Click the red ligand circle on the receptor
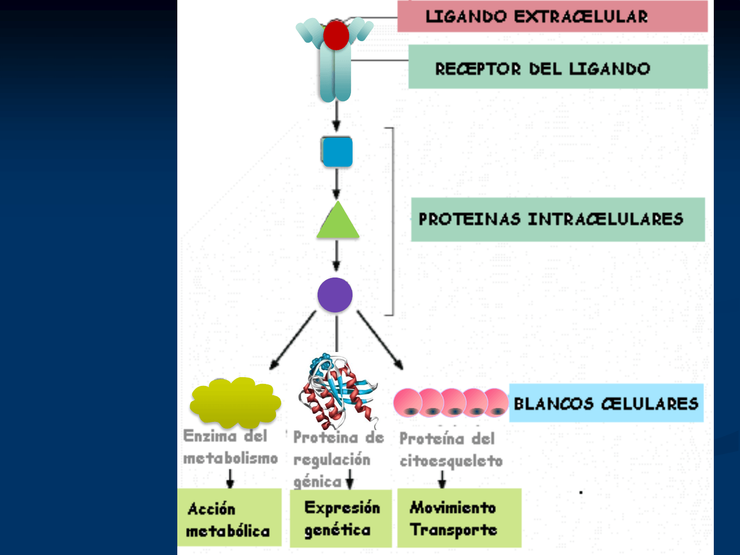(x=336, y=35)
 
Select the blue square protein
(x=337, y=152)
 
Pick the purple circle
(x=335, y=295)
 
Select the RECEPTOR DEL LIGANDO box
(x=558, y=67)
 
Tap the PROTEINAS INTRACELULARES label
(x=558, y=219)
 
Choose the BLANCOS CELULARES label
(x=606, y=403)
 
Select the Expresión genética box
(x=341, y=518)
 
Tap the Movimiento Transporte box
(x=459, y=518)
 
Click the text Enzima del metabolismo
(x=230, y=447)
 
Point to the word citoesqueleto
(x=451, y=461)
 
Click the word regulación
(x=331, y=459)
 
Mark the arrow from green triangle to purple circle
(x=337, y=256)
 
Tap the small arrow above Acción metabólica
(x=230, y=479)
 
